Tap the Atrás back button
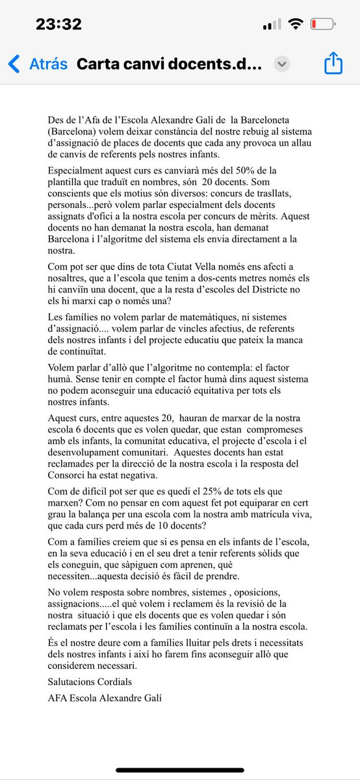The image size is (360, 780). coord(38,64)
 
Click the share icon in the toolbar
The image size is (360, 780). coord(333,64)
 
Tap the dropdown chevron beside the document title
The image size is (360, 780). coord(281,64)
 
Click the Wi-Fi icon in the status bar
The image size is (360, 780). coord(296,25)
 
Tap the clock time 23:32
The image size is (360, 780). coord(58,25)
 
